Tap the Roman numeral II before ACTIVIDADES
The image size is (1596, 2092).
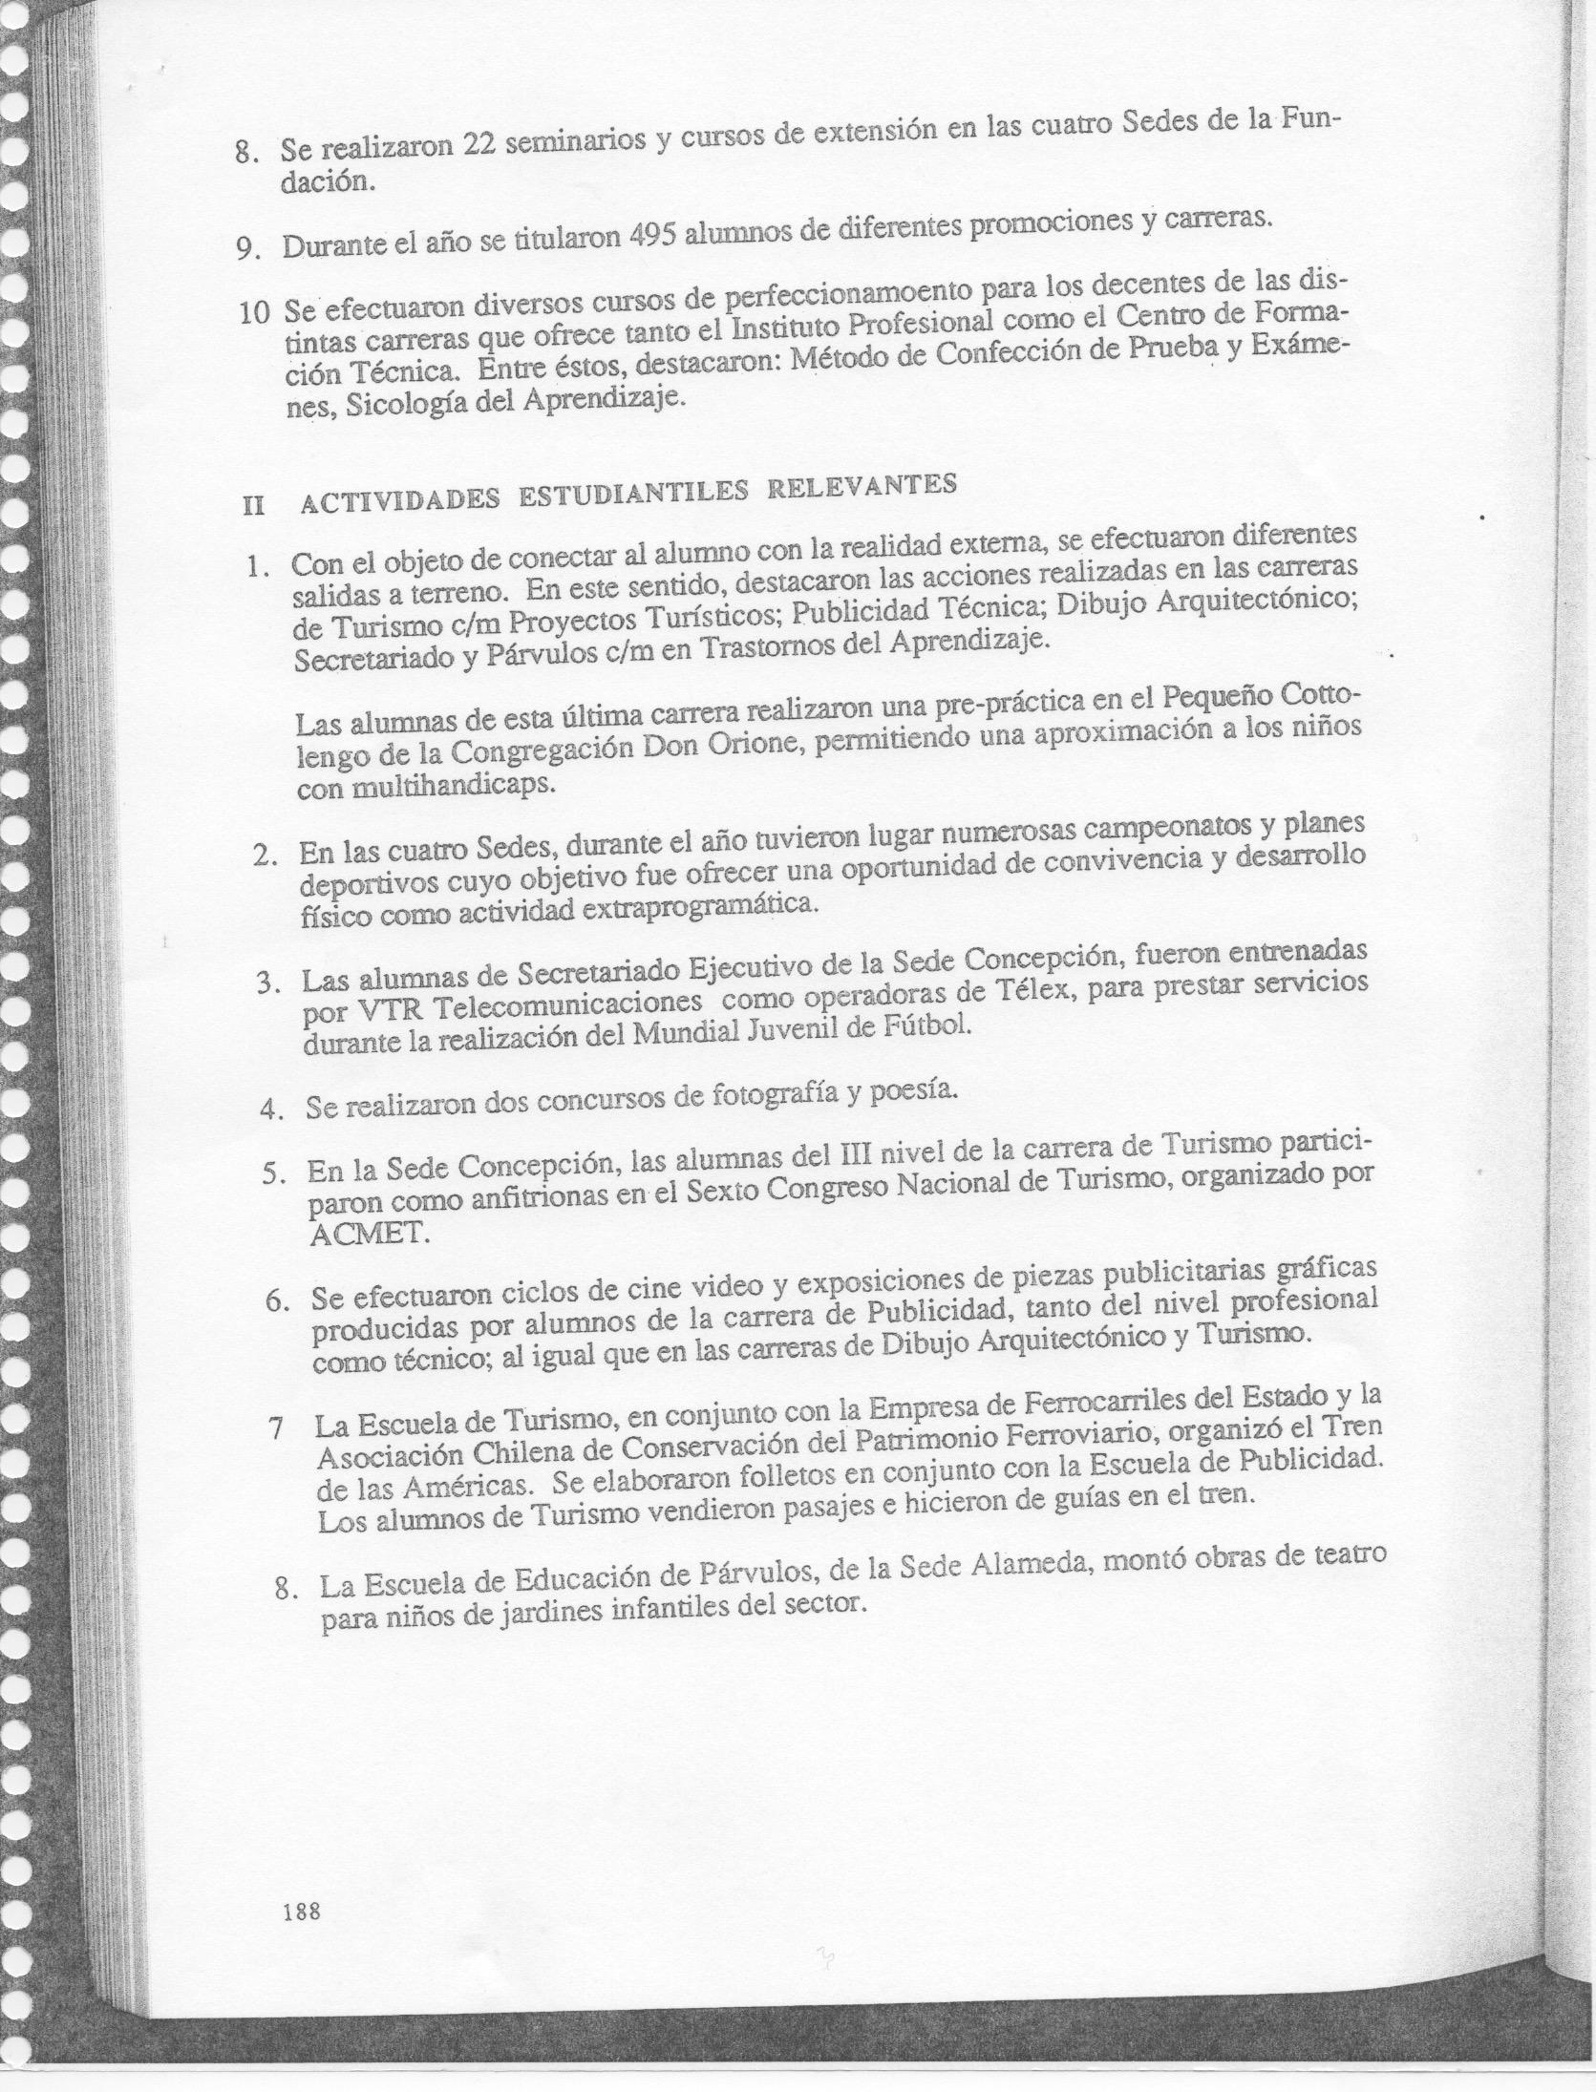click(253, 506)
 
